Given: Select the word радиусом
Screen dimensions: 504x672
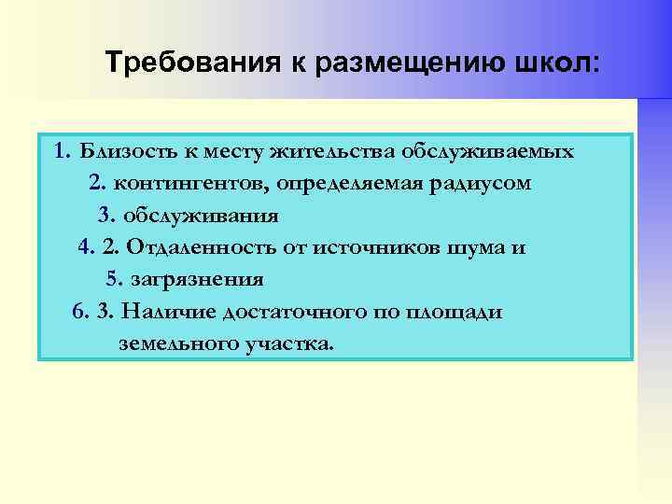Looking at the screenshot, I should (485, 184).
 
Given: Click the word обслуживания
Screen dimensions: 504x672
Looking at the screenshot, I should (201, 216).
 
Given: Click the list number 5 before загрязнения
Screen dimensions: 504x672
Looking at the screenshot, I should (113, 279).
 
